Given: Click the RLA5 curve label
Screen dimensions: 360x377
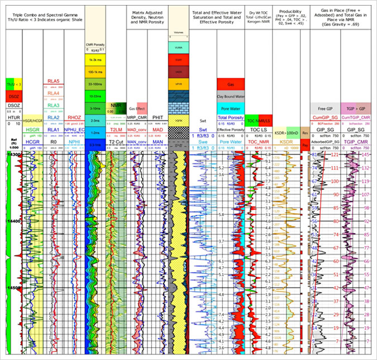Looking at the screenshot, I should click(54, 81).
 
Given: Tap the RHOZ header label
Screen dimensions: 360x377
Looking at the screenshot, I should click(74, 117).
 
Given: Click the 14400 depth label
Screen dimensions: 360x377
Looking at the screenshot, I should click(13, 222).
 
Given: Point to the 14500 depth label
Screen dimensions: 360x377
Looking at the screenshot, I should click(13, 288).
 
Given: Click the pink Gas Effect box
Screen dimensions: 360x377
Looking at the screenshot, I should click(137, 108).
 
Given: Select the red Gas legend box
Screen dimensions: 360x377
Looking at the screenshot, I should click(231, 84).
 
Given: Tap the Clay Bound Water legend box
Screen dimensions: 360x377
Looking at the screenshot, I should click(231, 96).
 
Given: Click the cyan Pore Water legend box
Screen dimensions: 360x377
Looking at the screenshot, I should click(231, 108).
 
